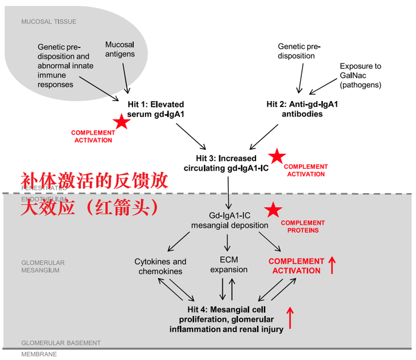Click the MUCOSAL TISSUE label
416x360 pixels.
click(49, 22)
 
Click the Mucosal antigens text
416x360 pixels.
click(120, 49)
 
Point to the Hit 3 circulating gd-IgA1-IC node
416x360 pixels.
click(226, 163)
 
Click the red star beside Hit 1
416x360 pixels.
click(122, 122)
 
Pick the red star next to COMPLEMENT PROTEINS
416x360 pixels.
click(273, 210)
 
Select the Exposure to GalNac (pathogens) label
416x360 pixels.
click(360, 75)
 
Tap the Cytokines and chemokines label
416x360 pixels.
click(160, 266)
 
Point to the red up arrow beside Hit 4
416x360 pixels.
click(290, 318)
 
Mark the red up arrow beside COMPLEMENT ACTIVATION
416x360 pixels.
click(332, 265)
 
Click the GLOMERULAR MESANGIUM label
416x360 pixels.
click(42, 266)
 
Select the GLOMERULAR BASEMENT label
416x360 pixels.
click(61, 343)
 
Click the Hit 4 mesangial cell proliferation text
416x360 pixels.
click(226, 320)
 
